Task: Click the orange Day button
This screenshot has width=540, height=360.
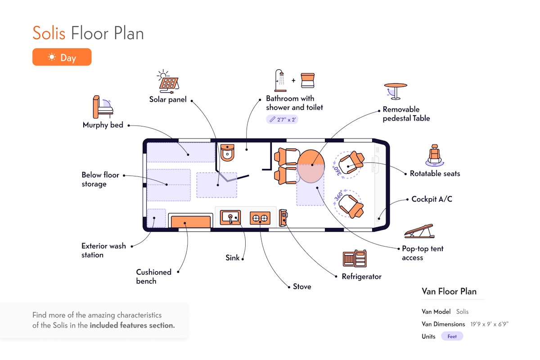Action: tap(62, 57)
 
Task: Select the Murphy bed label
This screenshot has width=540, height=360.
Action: tap(103, 125)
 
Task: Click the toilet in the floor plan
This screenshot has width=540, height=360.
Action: tap(228, 152)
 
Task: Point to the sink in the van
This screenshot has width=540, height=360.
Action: tap(230, 218)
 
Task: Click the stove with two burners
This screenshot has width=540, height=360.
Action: tap(260, 218)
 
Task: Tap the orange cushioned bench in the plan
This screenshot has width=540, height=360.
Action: tap(191, 221)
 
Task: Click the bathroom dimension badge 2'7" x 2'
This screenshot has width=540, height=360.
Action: tap(282, 119)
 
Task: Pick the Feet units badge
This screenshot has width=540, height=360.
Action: tap(452, 336)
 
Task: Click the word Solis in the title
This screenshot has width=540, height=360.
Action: tap(49, 34)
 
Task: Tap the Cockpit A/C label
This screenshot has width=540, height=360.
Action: tap(432, 199)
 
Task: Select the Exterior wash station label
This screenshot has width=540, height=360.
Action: tap(103, 250)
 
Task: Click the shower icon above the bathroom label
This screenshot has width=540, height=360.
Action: tap(280, 81)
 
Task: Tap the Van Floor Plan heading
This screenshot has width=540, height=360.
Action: tap(449, 291)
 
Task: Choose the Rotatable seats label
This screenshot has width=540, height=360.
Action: tap(435, 173)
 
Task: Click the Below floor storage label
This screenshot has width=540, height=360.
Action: tap(100, 179)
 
